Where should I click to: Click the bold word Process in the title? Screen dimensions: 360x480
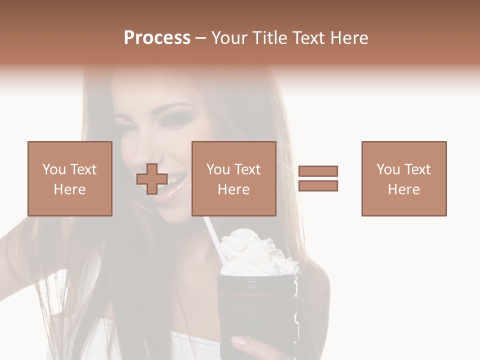pyautogui.click(x=157, y=38)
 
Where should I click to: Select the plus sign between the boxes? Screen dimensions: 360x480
pyautogui.click(x=152, y=178)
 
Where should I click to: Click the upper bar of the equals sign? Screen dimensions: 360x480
pyautogui.click(x=318, y=171)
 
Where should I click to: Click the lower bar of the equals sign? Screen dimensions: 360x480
pyautogui.click(x=318, y=186)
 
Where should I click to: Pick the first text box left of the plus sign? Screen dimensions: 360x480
pyautogui.click(x=69, y=178)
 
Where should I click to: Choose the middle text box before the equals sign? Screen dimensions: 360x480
pyautogui.click(x=233, y=178)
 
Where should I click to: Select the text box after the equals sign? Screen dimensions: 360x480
pyautogui.click(x=403, y=178)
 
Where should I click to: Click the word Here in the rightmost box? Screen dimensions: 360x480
pyautogui.click(x=403, y=189)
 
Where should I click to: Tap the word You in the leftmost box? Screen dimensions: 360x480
pyautogui.click(x=53, y=169)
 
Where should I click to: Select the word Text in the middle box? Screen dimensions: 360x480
pyautogui.click(x=247, y=169)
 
